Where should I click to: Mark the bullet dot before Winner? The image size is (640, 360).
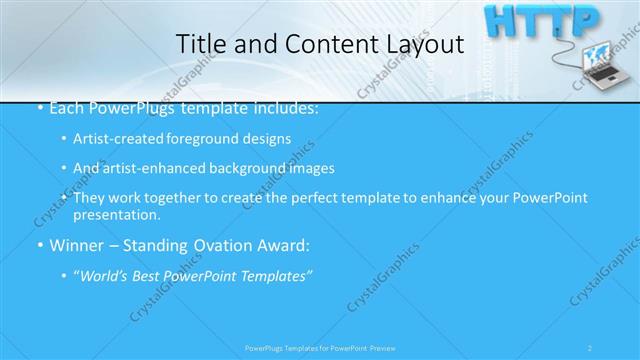[x=39, y=245]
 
